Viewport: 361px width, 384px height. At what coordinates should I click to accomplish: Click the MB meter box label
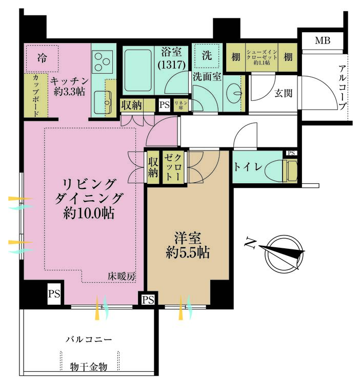click(x=323, y=41)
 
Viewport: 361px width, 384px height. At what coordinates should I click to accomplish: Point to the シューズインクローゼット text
click(x=262, y=57)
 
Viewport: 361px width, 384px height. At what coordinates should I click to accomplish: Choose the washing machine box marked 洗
click(x=205, y=55)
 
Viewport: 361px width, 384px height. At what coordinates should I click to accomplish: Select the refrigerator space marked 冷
click(x=42, y=57)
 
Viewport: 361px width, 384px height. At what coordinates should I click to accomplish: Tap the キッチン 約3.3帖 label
click(x=70, y=86)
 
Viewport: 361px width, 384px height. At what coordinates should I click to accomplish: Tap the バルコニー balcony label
click(x=89, y=339)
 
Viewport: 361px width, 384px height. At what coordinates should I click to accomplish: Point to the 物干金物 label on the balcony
click(x=89, y=367)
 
